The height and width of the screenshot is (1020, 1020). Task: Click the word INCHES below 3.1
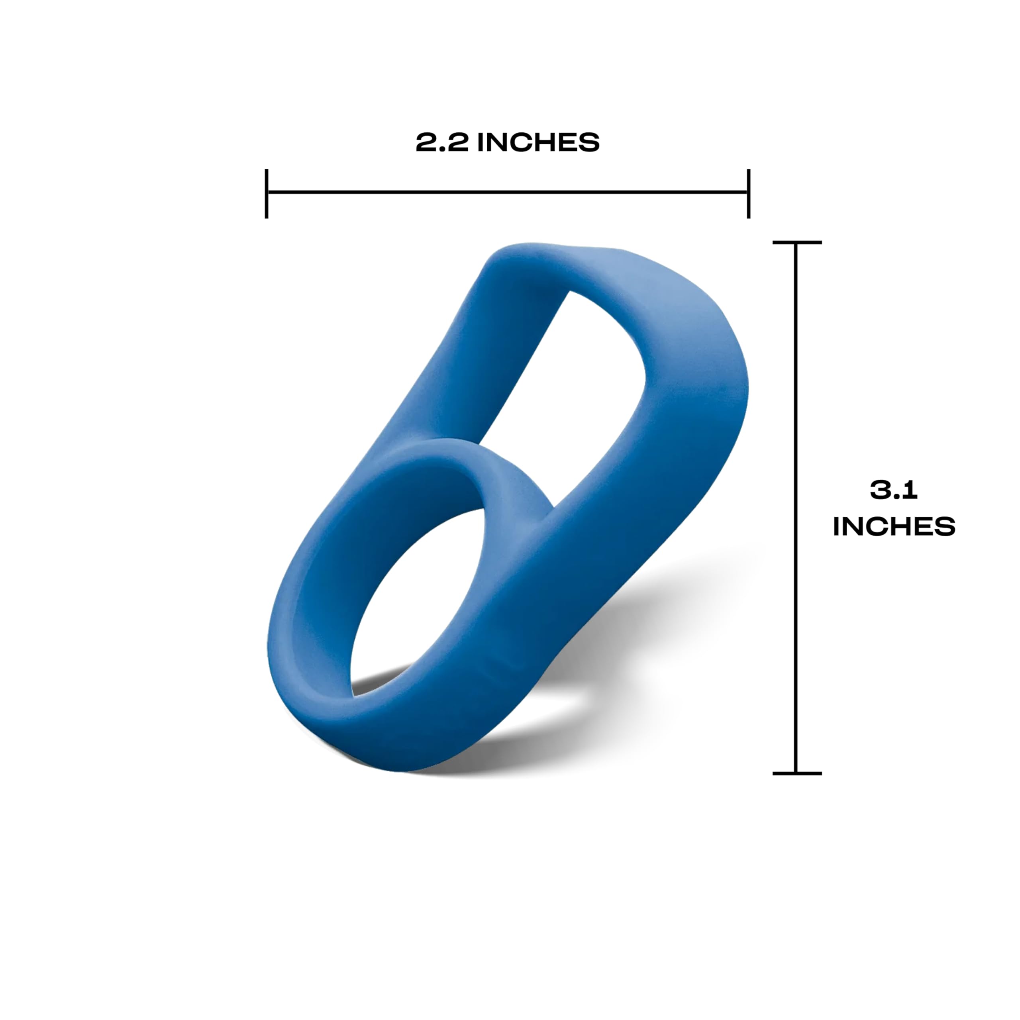[894, 526]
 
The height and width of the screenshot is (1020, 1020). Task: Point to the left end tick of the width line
[267, 193]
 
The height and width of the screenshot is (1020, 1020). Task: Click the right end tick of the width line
[749, 193]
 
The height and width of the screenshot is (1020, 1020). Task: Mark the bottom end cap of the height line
[797, 773]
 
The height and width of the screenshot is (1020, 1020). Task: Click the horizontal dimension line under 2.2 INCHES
[507, 192]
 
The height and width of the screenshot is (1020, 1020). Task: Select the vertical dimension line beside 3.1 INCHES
[796, 508]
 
